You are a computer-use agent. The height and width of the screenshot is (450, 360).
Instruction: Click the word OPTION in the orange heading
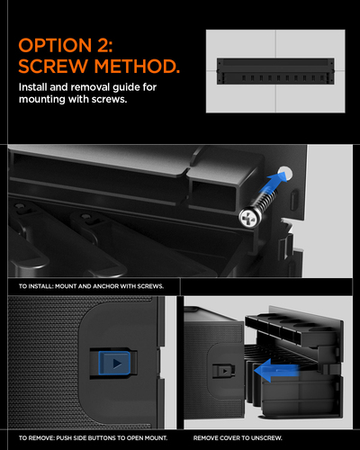point(55,46)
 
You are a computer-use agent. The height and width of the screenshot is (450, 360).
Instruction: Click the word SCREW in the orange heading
point(52,66)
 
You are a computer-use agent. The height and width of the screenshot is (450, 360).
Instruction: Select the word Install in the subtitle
point(32,87)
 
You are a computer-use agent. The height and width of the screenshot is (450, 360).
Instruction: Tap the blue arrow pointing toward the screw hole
point(274,184)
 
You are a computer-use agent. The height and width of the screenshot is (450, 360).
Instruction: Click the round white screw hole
point(284,174)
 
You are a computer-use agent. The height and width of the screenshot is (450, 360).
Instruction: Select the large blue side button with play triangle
point(114,363)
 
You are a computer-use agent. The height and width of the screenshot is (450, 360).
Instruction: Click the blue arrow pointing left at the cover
point(276,371)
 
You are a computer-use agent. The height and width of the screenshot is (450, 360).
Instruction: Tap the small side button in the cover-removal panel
point(224,371)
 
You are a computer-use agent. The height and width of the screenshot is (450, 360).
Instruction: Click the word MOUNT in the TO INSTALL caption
point(66,286)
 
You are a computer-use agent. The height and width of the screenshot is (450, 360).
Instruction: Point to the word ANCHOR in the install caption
point(106,286)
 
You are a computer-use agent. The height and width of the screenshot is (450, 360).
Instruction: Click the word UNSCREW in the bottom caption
point(266,438)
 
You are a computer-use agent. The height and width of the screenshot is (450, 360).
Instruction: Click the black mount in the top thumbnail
point(275,71)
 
